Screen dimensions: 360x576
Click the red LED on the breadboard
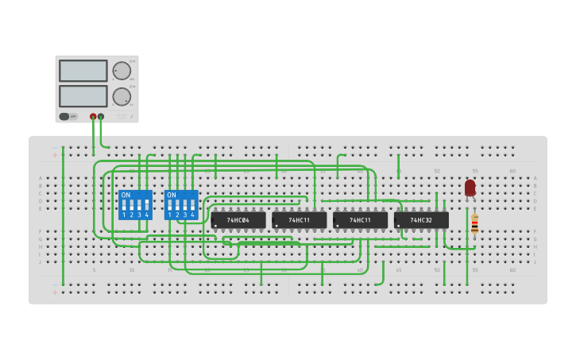point(470,188)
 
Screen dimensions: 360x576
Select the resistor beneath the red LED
point(474,224)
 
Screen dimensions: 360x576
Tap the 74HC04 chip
point(238,219)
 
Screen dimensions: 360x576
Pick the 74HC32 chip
point(421,219)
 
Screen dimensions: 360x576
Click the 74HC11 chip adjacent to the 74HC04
point(300,219)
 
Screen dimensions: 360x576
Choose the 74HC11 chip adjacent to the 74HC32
point(360,219)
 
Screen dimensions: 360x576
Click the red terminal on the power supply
point(93,117)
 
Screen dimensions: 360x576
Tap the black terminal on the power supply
point(101,117)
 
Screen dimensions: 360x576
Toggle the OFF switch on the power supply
point(69,116)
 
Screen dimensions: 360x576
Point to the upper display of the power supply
point(83,71)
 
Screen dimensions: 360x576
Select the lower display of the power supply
point(83,96)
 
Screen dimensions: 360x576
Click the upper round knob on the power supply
point(122,71)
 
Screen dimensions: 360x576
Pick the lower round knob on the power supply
point(122,97)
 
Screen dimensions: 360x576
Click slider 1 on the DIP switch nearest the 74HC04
point(170,204)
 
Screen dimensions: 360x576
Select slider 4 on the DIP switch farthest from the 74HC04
point(146,204)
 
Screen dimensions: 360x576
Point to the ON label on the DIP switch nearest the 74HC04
point(172,195)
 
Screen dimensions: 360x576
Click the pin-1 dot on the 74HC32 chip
point(398,226)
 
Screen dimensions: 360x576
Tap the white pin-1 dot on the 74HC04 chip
point(215,226)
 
